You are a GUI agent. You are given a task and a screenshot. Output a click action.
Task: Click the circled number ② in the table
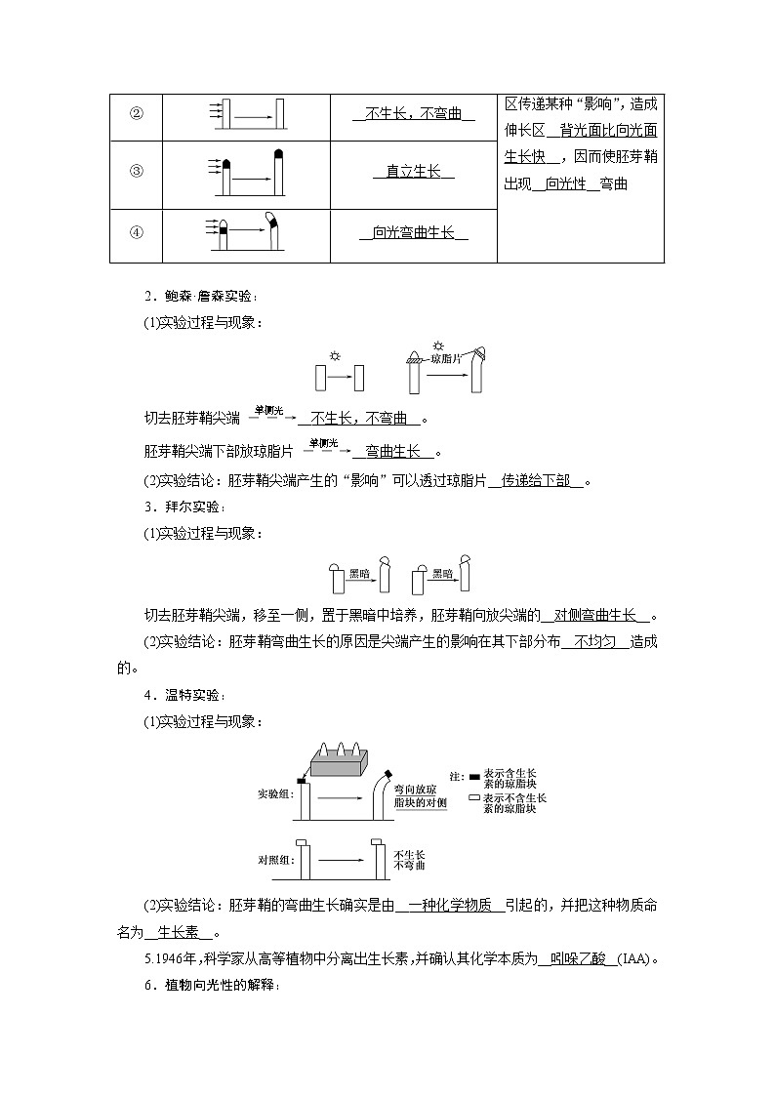[137, 114]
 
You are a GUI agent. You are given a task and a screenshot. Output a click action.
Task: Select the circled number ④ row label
[137, 232]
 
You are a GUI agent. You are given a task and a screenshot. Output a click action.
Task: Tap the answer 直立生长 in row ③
[413, 172]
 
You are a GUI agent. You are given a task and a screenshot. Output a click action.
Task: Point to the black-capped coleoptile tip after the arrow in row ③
[281, 154]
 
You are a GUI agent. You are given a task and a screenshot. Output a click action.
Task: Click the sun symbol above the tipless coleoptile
[336, 356]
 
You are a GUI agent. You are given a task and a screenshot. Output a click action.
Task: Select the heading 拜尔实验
[189, 507]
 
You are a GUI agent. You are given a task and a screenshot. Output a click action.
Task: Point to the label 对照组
[274, 861]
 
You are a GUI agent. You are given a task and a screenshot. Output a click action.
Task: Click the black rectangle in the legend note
[474, 777]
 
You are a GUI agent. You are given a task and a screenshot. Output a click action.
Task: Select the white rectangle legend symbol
[474, 797]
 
